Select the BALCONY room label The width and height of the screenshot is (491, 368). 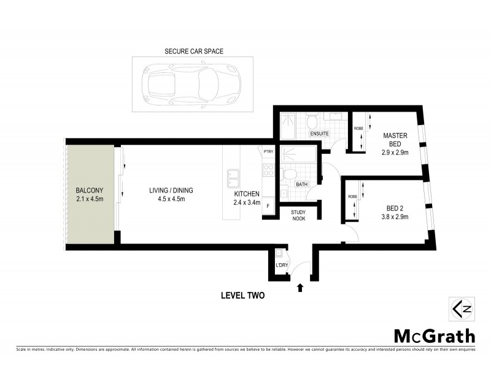click(89, 190)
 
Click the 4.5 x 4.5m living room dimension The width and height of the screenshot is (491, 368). click(167, 199)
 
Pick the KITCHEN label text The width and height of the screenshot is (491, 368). click(246, 194)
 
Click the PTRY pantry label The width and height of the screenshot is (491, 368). click(268, 151)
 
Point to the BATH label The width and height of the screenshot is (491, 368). click(301, 184)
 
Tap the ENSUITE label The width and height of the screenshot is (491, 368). click(320, 133)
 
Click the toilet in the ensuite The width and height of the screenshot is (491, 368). click(312, 120)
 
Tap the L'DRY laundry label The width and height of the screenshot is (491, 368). click(282, 265)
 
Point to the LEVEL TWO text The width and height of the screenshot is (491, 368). click(242, 295)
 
